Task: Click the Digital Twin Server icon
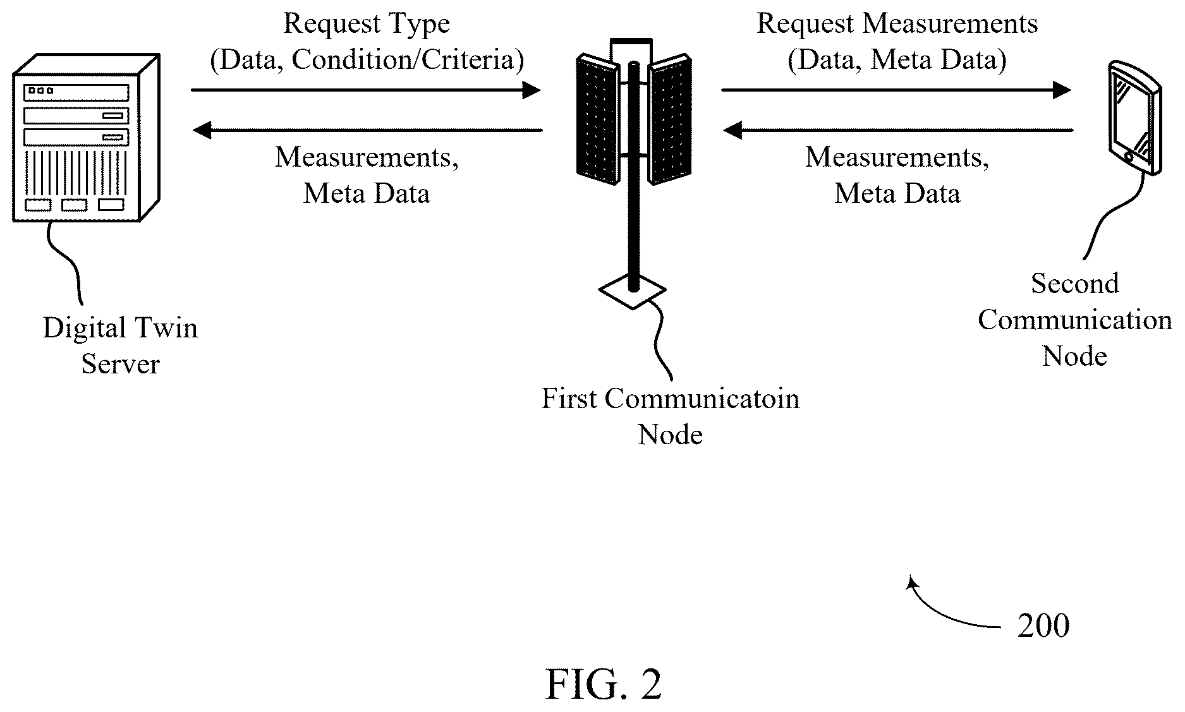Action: (x=86, y=138)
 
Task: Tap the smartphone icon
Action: (x=1134, y=118)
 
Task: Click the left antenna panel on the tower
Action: (x=598, y=119)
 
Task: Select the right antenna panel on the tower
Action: (x=670, y=119)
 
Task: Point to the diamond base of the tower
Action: (x=632, y=291)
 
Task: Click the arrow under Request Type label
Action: (x=366, y=90)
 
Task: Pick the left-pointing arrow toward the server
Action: (x=367, y=131)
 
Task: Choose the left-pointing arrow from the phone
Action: (x=897, y=131)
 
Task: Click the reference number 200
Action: (x=1043, y=625)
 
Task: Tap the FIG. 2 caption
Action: (x=604, y=685)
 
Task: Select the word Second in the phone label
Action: (x=1075, y=284)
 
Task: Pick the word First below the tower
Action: (x=569, y=399)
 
